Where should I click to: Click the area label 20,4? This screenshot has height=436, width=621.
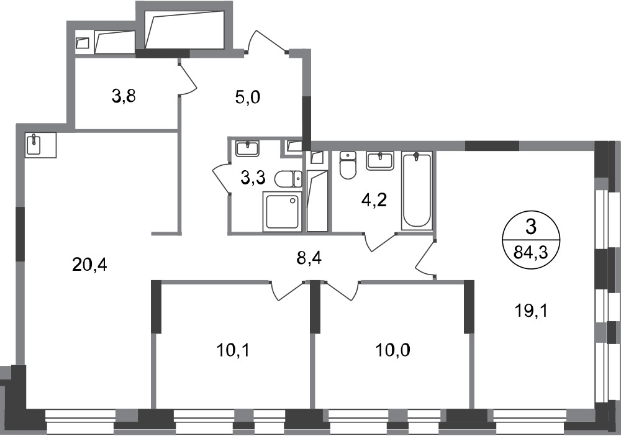point(89,264)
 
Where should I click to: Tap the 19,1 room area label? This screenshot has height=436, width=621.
point(531,311)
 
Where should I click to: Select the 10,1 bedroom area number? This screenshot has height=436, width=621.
point(233,350)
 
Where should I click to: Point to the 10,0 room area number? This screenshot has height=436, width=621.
point(393,350)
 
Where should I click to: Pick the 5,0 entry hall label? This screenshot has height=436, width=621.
point(248,97)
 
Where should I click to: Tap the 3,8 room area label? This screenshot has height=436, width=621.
point(124,96)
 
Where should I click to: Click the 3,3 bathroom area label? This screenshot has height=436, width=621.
point(253,178)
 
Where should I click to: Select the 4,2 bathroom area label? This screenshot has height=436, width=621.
point(374,201)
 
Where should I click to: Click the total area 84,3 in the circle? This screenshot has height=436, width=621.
point(531,252)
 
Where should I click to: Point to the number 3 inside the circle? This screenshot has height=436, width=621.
point(531,228)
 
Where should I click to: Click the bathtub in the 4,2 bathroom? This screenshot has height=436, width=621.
point(416,191)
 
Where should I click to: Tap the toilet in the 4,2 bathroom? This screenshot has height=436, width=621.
point(348,165)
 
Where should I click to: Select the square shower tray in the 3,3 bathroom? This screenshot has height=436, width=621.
point(283,211)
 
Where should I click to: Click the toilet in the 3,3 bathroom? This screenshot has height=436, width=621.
point(288,179)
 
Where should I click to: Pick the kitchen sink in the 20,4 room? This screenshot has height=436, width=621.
point(34,144)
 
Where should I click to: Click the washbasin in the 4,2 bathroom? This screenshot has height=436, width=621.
point(380,161)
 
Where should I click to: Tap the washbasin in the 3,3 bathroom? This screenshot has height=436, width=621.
point(247,148)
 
